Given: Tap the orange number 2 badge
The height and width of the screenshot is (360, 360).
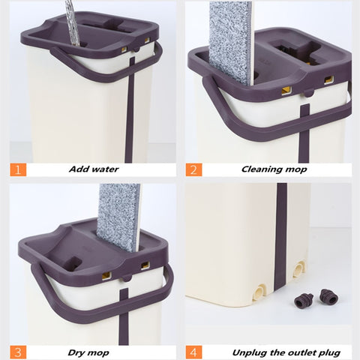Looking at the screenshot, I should pos(193,169).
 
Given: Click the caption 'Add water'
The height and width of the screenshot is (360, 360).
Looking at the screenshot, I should pos(94,169).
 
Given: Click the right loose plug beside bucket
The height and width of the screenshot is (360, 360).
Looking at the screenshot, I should pos(328,296).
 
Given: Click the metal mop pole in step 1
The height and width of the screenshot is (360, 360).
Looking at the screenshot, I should pos(71,19).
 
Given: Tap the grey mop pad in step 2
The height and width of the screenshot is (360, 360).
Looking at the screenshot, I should pos(229,41).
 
